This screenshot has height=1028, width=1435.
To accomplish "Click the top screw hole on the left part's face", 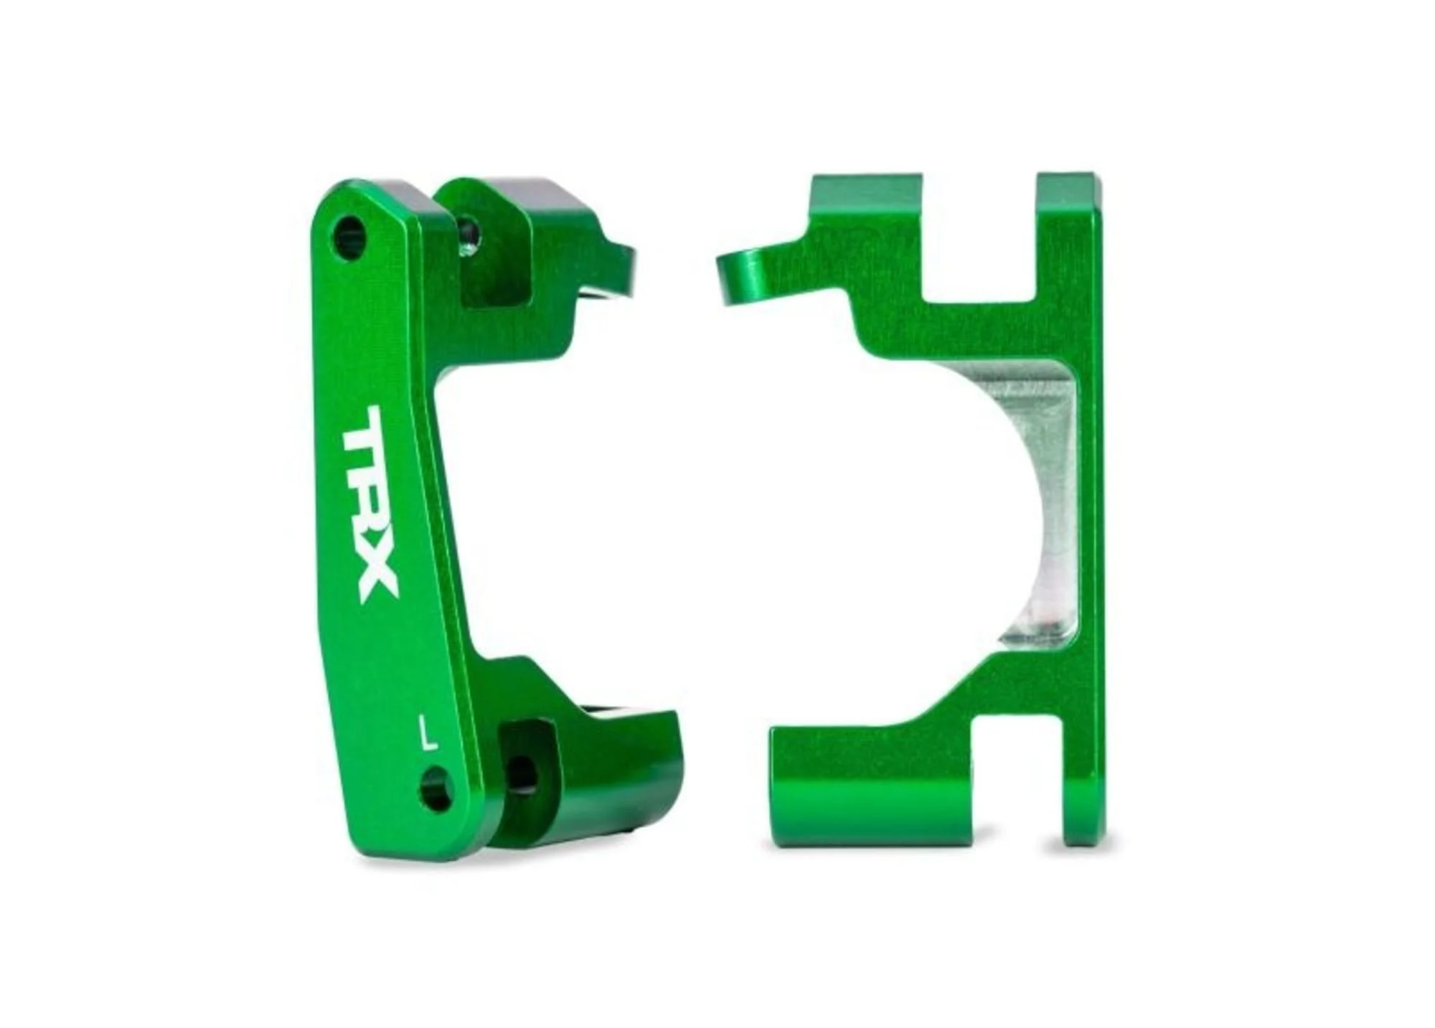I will pyautogui.click(x=349, y=237).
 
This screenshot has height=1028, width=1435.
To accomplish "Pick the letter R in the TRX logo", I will pyautogui.click(x=371, y=506).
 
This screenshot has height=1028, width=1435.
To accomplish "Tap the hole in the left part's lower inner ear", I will pyautogui.click(x=522, y=775).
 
